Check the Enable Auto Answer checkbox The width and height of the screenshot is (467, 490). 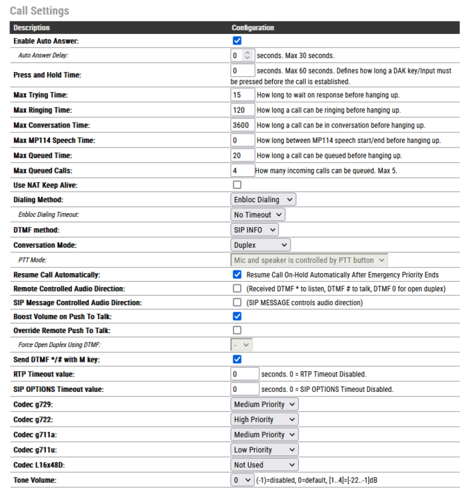(237, 41)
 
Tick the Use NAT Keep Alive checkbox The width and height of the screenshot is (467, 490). (237, 185)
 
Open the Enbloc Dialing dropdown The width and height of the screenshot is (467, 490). (264, 200)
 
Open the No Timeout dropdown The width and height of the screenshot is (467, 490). (258, 215)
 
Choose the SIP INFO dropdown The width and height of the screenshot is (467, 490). (255, 230)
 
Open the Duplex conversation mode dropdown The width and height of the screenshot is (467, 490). (261, 245)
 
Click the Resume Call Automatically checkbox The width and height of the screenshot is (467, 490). (237, 274)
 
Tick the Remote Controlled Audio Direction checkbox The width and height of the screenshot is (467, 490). (237, 289)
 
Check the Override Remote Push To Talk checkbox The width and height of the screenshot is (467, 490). (237, 330)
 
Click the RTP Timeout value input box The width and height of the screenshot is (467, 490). (244, 374)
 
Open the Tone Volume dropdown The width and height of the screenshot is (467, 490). (242, 480)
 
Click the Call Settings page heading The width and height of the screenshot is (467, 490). (39, 11)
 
